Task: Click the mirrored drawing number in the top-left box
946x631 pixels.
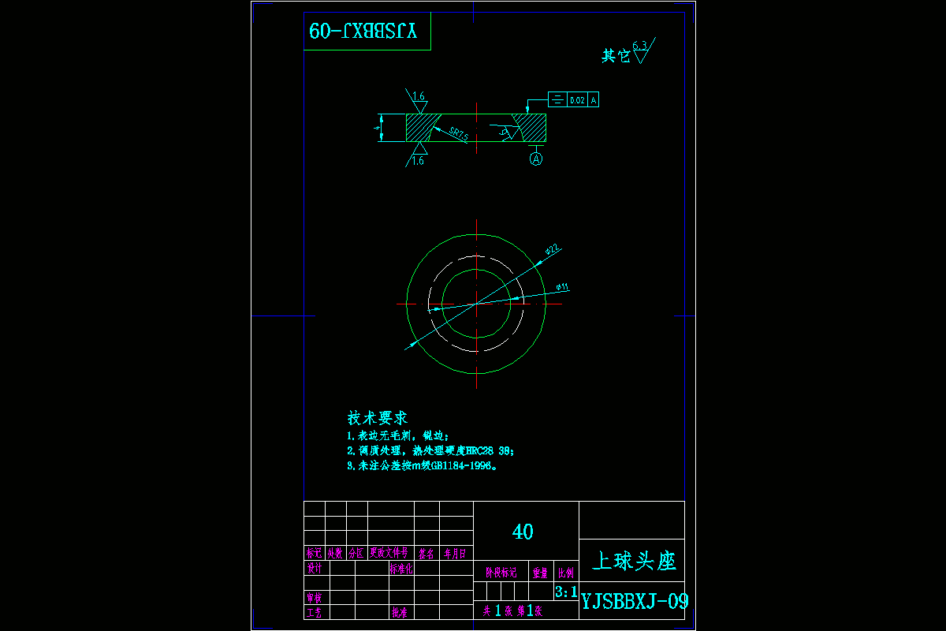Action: click(367, 32)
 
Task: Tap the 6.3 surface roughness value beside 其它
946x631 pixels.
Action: click(639, 46)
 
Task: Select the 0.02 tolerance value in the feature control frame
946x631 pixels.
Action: click(577, 100)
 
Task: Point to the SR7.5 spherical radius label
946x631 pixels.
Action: click(459, 133)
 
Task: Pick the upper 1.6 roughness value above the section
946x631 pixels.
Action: click(419, 96)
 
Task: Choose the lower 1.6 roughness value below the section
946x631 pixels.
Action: click(418, 160)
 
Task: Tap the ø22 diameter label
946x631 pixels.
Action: click(553, 250)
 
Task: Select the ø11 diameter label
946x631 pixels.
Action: click(562, 287)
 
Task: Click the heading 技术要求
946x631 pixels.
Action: click(377, 418)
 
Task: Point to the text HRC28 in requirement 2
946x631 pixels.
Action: click(481, 450)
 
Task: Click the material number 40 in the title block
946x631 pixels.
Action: click(523, 532)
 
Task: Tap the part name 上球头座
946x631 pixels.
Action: click(634, 561)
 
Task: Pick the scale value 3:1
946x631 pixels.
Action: click(566, 592)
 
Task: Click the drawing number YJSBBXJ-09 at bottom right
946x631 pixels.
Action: click(634, 602)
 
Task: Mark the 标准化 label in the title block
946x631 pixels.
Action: click(402, 568)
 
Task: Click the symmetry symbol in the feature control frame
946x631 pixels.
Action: click(557, 100)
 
